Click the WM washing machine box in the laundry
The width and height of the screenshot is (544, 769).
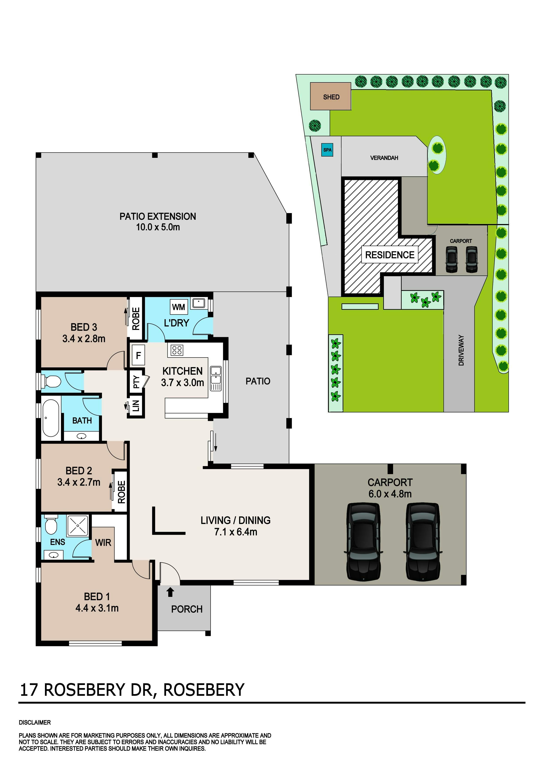pyautogui.click(x=179, y=307)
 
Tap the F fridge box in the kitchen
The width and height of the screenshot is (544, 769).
pyautogui.click(x=138, y=355)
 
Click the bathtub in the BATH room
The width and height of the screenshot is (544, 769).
pyautogui.click(x=51, y=418)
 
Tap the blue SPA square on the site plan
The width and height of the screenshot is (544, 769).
pyautogui.click(x=327, y=150)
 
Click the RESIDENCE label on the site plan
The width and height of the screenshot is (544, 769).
pyautogui.click(x=390, y=255)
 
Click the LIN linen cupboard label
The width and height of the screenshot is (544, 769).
pyautogui.click(x=136, y=406)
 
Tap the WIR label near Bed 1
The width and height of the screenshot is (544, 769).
pyautogui.click(x=103, y=543)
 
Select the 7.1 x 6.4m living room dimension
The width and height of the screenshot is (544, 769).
pyautogui.click(x=236, y=532)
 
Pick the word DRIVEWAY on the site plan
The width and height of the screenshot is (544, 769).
pyautogui.click(x=461, y=350)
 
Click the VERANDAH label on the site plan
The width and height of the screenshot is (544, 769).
pyautogui.click(x=384, y=158)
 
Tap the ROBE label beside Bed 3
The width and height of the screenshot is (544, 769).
pyautogui.click(x=136, y=319)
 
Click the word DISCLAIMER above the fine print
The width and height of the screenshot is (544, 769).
pyautogui.click(x=35, y=723)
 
